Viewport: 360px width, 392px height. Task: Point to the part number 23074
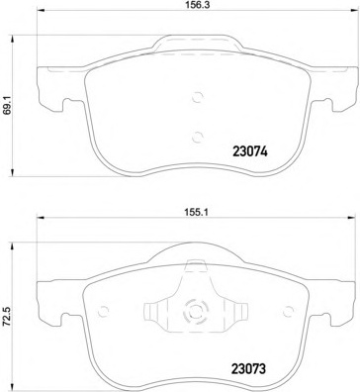249,154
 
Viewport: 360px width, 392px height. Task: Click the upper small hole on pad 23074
197,97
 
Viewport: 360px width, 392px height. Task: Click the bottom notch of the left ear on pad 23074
62,109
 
